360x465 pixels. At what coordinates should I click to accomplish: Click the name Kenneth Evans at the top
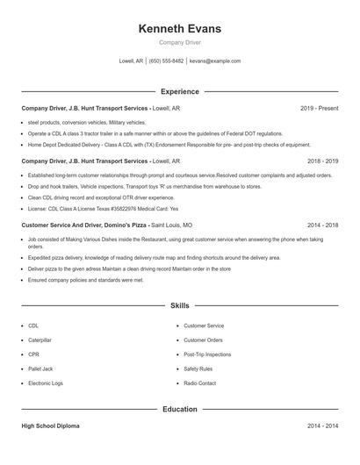point(179,29)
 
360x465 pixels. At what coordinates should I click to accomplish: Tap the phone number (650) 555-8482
point(166,61)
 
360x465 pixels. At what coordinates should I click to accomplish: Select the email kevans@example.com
point(215,61)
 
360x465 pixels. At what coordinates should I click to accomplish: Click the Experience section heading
point(179,91)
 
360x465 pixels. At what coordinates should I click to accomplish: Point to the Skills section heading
point(179,306)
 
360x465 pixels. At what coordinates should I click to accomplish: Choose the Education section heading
point(179,409)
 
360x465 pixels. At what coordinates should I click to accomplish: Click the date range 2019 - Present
point(319,108)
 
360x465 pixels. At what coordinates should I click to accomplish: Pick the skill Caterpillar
point(40,340)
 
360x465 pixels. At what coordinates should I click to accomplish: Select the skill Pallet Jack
point(40,368)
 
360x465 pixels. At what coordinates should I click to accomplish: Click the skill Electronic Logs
point(46,383)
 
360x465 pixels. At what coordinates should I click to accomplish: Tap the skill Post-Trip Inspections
point(207,354)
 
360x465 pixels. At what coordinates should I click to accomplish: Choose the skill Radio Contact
point(199,383)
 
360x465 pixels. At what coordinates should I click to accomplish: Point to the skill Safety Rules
point(198,368)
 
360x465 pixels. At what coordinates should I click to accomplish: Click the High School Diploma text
point(51,426)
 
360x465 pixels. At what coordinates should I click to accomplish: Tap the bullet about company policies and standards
point(85,280)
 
